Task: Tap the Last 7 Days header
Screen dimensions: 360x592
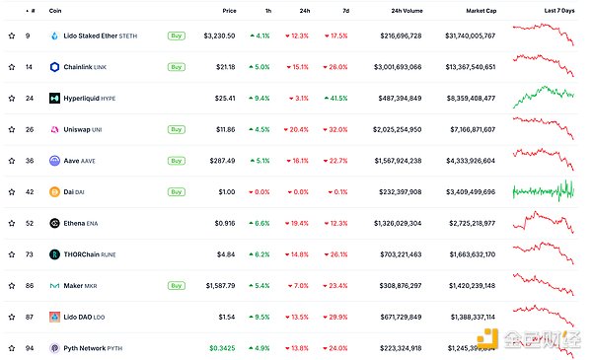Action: [x=557, y=10]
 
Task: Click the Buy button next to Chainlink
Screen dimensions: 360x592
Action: [x=177, y=67]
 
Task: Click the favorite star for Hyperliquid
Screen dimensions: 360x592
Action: [x=12, y=99]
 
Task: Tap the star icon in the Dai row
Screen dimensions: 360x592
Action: [x=12, y=192]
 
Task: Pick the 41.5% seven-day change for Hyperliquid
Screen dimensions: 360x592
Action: [x=334, y=99]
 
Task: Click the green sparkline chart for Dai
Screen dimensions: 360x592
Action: [x=543, y=192]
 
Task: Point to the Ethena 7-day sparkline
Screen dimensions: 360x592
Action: [x=543, y=223]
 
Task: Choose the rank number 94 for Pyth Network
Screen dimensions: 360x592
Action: [x=30, y=348]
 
